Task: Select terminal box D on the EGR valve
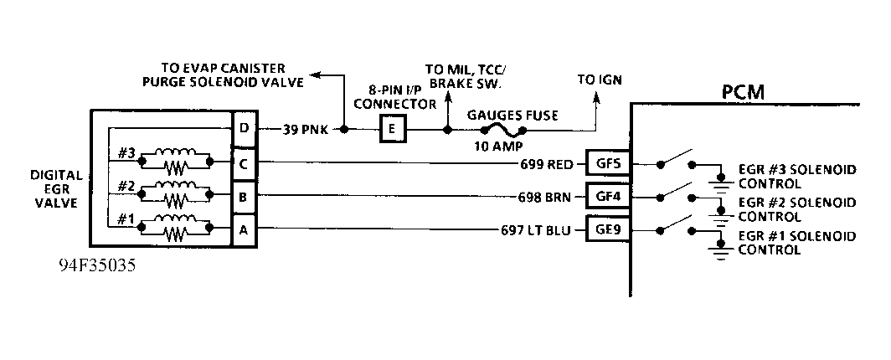[x=243, y=129]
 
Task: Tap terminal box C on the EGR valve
[x=243, y=162]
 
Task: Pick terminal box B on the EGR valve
[x=243, y=197]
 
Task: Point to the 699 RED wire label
[x=547, y=163]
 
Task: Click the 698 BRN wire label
[x=547, y=197]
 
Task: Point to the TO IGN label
[x=599, y=80]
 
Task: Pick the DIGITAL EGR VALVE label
[x=57, y=188]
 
